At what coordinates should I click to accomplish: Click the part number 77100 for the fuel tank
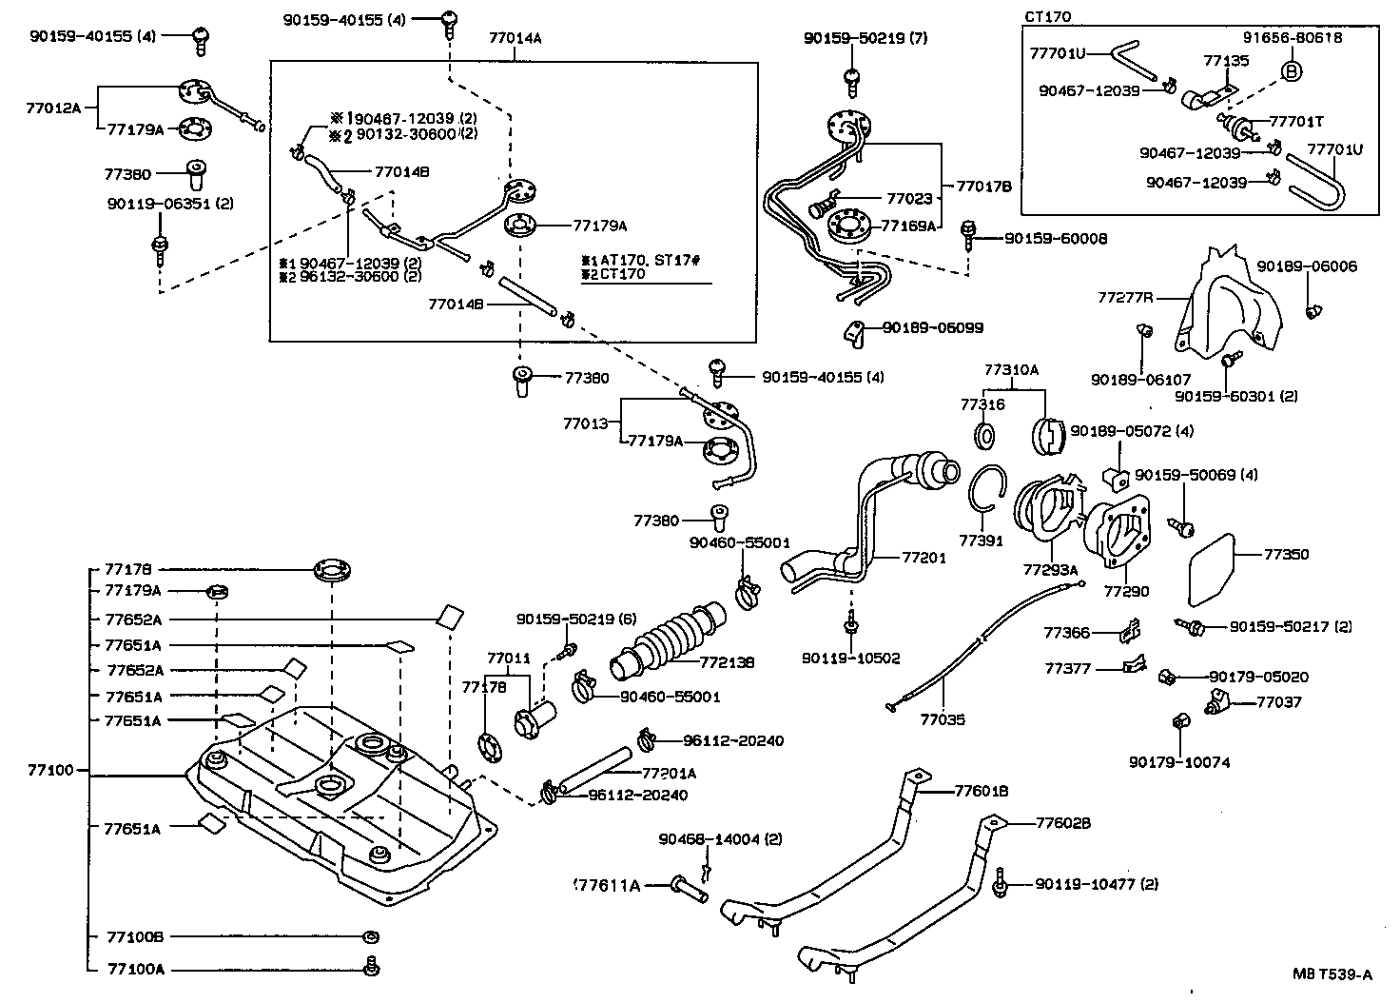click(x=50, y=770)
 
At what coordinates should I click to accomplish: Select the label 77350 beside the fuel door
click(x=1286, y=554)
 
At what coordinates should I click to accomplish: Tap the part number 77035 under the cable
click(x=942, y=719)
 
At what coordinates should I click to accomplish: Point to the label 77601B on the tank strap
click(x=982, y=790)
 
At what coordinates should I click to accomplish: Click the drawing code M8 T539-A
click(x=1332, y=973)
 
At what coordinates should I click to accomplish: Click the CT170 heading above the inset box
click(x=1048, y=17)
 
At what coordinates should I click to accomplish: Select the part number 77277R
click(x=1125, y=297)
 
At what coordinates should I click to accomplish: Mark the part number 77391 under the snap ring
click(x=981, y=541)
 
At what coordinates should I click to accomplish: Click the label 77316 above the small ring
click(x=982, y=404)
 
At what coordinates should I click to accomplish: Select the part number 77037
click(x=1279, y=702)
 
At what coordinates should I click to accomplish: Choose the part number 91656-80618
click(x=1292, y=38)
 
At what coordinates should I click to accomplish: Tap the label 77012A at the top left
click(x=54, y=108)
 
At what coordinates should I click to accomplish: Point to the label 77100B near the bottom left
click(x=135, y=937)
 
